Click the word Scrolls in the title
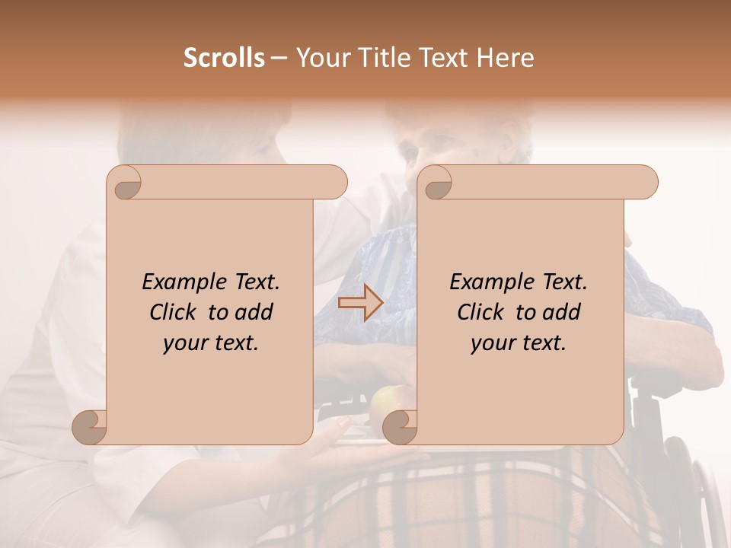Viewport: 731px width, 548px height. click(224, 58)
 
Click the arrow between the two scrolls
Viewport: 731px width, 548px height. click(360, 302)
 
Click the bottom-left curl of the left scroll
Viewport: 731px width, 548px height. click(89, 428)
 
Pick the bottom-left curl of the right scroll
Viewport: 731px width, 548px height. click(399, 428)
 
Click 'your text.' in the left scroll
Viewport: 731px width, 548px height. click(211, 343)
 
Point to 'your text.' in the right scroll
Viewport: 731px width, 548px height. click(519, 343)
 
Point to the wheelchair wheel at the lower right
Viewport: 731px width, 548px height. click(704, 495)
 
